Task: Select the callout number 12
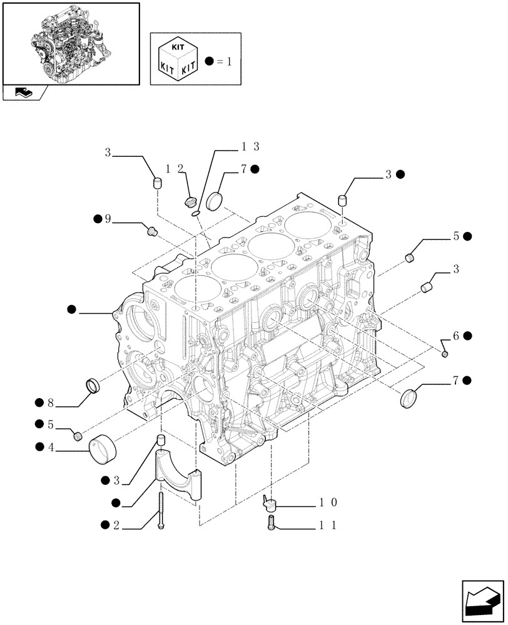175,169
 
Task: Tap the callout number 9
108,219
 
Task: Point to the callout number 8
49,403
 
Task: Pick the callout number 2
116,526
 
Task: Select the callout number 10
329,502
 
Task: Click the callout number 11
329,526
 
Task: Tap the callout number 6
456,336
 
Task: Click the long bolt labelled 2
161,511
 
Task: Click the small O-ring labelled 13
196,214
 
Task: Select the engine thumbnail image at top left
70,44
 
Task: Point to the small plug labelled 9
151,231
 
